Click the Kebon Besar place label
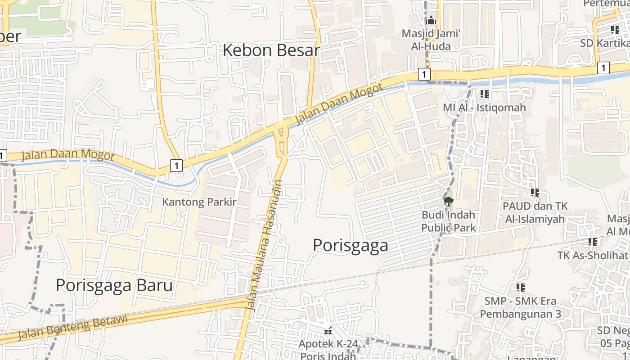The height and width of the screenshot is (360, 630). [x=271, y=50]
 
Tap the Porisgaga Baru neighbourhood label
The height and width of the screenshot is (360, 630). [x=114, y=285]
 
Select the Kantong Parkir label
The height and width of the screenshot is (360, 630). [x=199, y=202]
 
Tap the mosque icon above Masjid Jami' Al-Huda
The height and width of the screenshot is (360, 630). [x=431, y=20]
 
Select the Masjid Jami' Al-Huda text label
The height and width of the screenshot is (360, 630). [x=431, y=40]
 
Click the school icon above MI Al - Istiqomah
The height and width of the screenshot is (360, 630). [x=484, y=94]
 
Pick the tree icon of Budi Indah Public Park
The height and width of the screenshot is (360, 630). [x=448, y=201]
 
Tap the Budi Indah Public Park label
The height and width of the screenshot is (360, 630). [x=448, y=221]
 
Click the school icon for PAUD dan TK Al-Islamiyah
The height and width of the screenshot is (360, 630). [x=535, y=193]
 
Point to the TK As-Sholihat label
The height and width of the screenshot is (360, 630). [x=592, y=255]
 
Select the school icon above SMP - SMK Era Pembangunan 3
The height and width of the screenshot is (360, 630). [x=521, y=287]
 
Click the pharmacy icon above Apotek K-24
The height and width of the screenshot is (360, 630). [x=328, y=331]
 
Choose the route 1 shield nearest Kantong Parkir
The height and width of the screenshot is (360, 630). [x=176, y=166]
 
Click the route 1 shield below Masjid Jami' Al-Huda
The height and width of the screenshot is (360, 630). [x=424, y=74]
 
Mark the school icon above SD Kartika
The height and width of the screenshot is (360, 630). [x=615, y=30]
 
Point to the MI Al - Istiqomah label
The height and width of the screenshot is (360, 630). [x=484, y=108]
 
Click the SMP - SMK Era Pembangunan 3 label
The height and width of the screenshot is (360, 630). [x=520, y=307]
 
